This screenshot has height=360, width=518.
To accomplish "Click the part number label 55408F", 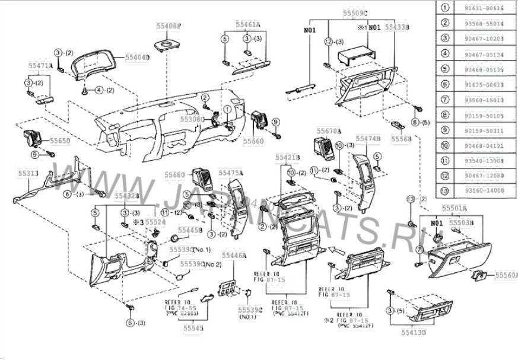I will (170, 27).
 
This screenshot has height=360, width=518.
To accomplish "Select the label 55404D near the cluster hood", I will (137, 57).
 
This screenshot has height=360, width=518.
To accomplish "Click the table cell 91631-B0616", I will (487, 8).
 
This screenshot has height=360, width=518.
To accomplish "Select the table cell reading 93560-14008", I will (487, 191).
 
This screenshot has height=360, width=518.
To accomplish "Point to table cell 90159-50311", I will (487, 130).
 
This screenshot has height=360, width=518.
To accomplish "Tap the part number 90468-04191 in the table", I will (487, 145).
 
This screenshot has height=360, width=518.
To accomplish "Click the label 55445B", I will (191, 230).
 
